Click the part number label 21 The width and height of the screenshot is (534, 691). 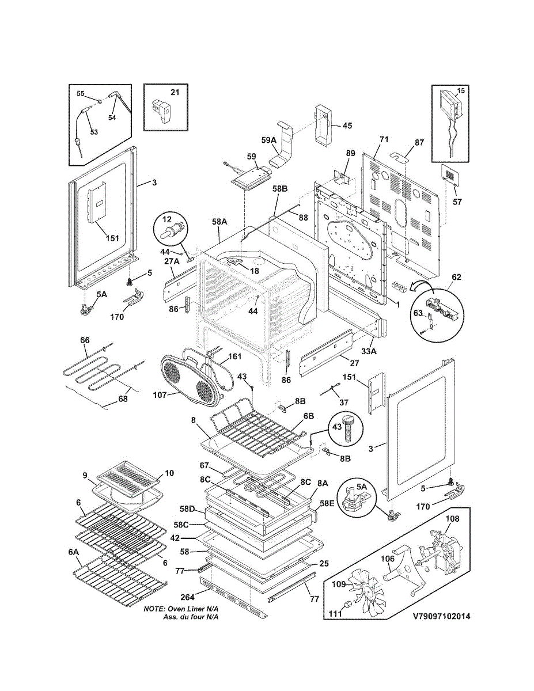175,92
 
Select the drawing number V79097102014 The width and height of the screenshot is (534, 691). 441,616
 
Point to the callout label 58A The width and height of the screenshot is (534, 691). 219,222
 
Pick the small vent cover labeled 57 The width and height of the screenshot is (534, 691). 450,175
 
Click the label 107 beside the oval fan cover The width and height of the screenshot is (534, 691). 160,395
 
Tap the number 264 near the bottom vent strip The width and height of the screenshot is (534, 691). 188,597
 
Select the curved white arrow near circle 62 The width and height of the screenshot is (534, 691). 420,287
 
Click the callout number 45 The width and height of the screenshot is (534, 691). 347,126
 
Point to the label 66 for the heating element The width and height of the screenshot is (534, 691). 85,340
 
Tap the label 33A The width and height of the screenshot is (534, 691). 369,351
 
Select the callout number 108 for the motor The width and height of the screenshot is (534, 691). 453,519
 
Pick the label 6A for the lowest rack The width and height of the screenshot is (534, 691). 74,552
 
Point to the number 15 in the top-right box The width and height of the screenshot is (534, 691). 460,91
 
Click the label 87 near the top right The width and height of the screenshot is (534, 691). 419,143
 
